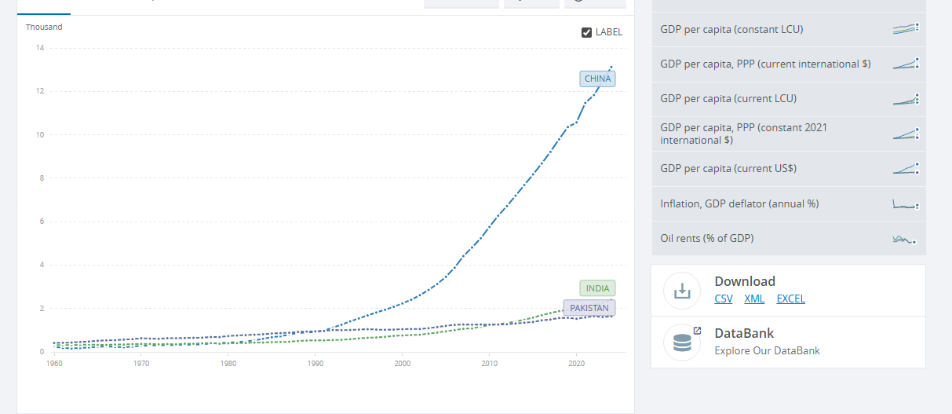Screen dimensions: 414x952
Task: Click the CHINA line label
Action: (x=597, y=79)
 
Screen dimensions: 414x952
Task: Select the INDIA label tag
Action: (x=597, y=288)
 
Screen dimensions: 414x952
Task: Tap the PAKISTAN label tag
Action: (x=589, y=308)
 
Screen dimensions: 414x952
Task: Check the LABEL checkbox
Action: (x=586, y=32)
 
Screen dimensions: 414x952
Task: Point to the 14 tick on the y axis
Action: (x=40, y=48)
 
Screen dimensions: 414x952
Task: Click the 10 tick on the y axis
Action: (x=40, y=135)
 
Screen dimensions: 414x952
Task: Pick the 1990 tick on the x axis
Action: (x=316, y=364)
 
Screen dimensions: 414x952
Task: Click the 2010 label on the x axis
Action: (x=490, y=364)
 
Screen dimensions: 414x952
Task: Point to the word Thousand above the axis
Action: (x=44, y=27)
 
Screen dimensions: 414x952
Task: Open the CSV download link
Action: (x=723, y=299)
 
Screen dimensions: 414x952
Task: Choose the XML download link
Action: (x=754, y=299)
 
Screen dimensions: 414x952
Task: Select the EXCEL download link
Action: (x=790, y=299)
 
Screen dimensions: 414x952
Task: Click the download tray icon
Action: (x=682, y=291)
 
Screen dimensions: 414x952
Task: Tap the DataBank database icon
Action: (x=682, y=343)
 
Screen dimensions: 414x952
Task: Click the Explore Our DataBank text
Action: (x=767, y=350)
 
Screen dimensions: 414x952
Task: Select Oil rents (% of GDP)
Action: (x=707, y=238)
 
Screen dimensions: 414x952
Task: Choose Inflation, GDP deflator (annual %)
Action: (x=739, y=203)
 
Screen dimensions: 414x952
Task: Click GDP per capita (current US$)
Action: (x=728, y=168)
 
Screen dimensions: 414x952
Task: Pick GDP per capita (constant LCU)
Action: (x=731, y=29)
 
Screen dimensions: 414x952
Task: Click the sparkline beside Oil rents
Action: (x=904, y=239)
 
